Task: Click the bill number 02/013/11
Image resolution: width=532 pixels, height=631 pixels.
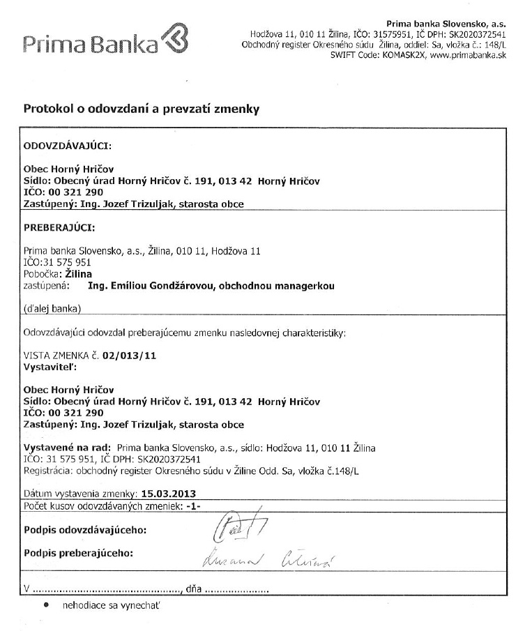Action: (130, 354)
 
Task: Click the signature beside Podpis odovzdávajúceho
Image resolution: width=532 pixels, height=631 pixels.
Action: (229, 531)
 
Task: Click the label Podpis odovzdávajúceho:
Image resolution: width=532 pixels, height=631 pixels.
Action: (85, 530)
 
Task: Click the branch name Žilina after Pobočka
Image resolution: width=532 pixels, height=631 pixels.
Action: (77, 273)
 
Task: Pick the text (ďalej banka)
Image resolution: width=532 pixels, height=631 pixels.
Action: (53, 307)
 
